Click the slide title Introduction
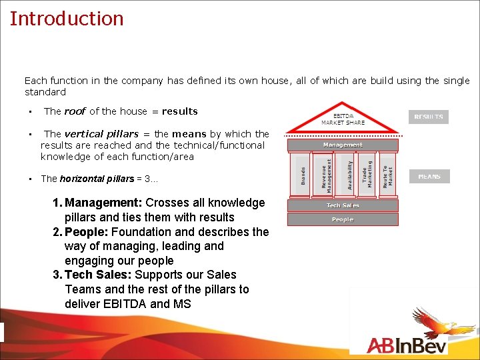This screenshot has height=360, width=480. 67,18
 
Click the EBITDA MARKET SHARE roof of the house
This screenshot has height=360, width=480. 343,119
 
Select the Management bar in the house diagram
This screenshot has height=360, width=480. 343,145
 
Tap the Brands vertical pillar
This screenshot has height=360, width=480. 303,175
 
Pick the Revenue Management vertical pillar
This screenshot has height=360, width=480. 324,175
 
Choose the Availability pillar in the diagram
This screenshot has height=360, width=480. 347,175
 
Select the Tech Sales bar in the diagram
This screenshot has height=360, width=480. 343,205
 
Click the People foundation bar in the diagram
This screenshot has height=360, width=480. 343,219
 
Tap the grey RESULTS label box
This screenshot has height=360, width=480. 429,117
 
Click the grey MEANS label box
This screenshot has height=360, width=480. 429,177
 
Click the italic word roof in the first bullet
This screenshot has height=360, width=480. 75,111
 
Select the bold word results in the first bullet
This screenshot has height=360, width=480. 179,111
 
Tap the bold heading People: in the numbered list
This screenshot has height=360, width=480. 87,232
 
